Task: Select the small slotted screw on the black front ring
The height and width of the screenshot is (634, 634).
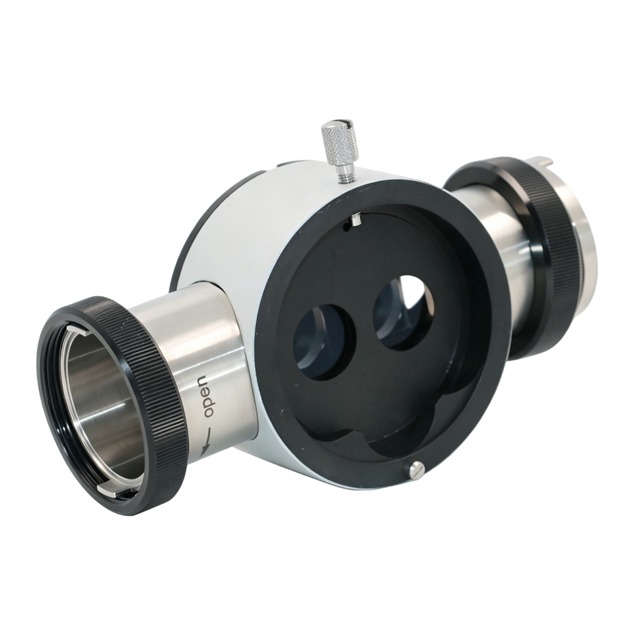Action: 417,471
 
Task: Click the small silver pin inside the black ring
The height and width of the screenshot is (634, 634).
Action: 356,219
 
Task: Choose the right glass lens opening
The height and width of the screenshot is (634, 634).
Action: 403,311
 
